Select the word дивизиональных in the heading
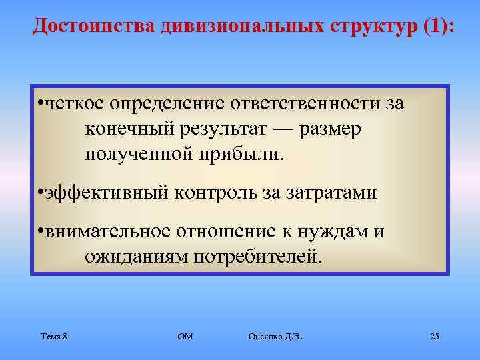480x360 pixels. point(241,26)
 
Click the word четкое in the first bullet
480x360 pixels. point(75,104)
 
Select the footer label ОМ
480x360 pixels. point(185,336)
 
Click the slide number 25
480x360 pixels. point(434,336)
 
